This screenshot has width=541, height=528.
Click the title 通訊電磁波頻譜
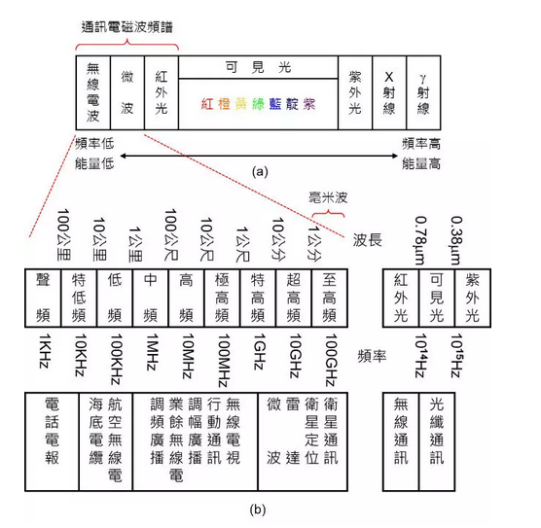click(126, 27)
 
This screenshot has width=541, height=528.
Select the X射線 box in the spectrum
click(389, 92)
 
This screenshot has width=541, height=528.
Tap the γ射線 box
click(423, 92)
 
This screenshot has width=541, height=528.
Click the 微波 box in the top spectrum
click(126, 92)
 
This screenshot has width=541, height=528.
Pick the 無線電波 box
click(93, 92)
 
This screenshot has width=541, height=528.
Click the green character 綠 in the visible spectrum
click(258, 104)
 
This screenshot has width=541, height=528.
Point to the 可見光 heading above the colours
click(258, 67)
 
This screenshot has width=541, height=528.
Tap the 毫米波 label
click(328, 198)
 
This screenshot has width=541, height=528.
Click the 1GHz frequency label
click(260, 352)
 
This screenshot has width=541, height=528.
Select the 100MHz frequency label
click(224, 360)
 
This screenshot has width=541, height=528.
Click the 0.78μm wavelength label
click(420, 240)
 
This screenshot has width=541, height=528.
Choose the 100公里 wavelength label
click(64, 234)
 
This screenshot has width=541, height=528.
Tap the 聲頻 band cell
click(43, 298)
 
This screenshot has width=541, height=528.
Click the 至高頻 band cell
click(330, 298)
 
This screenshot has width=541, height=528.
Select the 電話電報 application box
click(52, 441)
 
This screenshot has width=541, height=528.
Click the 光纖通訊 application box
click(437, 441)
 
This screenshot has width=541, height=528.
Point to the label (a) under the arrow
click(260, 171)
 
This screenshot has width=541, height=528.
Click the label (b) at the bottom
click(258, 510)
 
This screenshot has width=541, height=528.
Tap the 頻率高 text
click(421, 144)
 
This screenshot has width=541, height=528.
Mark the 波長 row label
click(367, 239)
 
